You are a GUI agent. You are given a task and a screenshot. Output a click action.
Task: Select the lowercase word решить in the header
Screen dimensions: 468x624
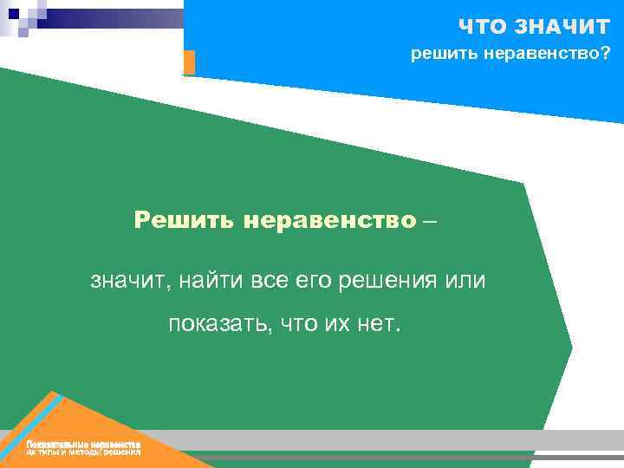[443, 55]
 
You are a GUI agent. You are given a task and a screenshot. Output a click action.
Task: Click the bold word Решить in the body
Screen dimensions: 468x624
[185, 219]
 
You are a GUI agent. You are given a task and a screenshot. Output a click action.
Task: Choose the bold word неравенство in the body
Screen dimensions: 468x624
[330, 219]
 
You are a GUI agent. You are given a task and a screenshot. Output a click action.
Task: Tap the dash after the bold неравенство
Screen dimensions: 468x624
[431, 220]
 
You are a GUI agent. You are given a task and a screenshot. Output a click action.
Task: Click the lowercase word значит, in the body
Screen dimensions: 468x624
[124, 280]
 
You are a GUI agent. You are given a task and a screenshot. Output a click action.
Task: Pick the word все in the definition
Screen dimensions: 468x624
[267, 280]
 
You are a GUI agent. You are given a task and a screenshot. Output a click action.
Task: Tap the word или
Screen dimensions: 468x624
[465, 280]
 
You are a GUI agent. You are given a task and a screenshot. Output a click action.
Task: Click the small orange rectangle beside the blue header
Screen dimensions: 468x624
[189, 62]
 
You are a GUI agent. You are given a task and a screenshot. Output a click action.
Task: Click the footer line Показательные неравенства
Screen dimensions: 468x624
[83, 445]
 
